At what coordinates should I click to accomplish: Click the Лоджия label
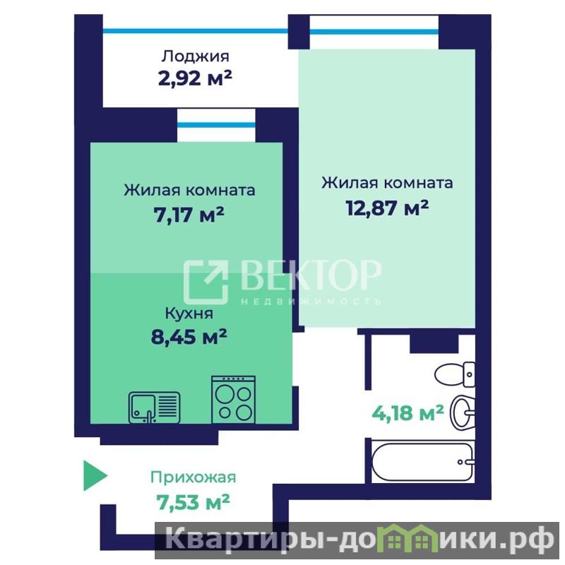tap(195, 56)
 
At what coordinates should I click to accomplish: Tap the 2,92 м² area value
tap(195, 78)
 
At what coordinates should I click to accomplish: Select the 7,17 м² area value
tap(189, 215)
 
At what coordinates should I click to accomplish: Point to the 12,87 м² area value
tap(387, 208)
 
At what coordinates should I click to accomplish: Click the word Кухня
tap(189, 314)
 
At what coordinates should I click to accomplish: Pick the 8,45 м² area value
tap(189, 337)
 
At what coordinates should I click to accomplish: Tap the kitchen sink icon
tap(154, 408)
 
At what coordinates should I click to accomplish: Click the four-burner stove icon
tap(234, 400)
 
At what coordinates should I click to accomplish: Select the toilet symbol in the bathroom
tap(455, 374)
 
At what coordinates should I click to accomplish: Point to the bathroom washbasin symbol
tap(463, 412)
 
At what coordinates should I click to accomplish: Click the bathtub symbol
tap(423, 462)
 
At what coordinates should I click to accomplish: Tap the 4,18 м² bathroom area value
tap(408, 413)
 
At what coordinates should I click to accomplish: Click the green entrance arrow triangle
tap(95, 475)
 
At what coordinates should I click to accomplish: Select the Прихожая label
tap(193, 477)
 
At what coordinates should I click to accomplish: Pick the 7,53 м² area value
tap(193, 501)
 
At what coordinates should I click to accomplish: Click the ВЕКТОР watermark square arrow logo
tap(206, 282)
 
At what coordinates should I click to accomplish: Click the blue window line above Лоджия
tap(196, 31)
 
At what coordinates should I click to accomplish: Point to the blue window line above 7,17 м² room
tap(216, 125)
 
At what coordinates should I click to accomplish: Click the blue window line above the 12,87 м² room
tap(374, 32)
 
